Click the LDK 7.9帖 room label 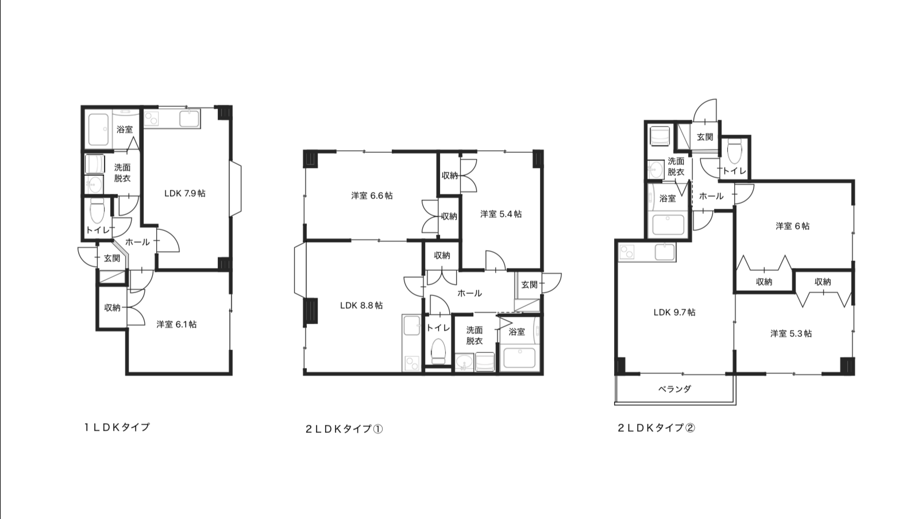click(185, 193)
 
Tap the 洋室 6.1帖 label click(176, 324)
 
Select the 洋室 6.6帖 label click(372, 195)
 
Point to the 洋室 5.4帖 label click(501, 214)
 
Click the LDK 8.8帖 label click(361, 305)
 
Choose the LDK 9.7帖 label click(674, 312)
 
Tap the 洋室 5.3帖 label click(791, 333)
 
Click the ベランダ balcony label click(674, 389)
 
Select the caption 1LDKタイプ click(117, 427)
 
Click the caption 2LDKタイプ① click(344, 429)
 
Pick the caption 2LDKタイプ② click(657, 428)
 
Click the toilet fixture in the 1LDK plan click(97, 211)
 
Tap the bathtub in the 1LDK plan click(98, 129)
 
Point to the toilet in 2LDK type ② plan click(735, 152)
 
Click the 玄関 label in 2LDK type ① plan click(529, 284)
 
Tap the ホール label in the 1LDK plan click(137, 242)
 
